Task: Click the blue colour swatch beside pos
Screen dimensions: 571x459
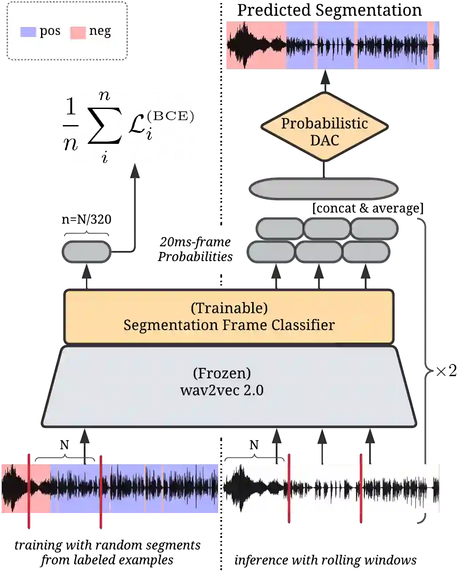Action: coord(28,32)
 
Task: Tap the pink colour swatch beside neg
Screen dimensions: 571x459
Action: coord(78,33)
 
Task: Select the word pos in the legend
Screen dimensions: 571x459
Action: coord(50,31)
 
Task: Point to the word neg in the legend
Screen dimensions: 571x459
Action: coord(100,31)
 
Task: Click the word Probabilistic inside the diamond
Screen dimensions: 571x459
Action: coord(324,123)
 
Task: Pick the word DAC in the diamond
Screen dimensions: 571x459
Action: coord(324,140)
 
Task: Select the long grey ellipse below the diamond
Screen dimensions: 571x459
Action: coord(323,189)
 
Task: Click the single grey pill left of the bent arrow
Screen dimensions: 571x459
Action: coord(86,252)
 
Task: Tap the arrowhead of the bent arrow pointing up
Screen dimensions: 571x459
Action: coord(135,170)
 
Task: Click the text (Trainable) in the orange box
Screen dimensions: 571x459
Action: coord(229,308)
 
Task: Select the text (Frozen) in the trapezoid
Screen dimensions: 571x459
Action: coord(222,374)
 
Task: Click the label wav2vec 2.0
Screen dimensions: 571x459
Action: coord(222,390)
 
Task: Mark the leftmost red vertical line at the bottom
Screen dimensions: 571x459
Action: coord(29,491)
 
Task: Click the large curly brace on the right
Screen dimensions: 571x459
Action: coord(426,370)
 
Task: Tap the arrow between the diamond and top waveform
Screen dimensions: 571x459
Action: coord(325,82)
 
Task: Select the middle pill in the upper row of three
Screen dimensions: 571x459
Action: coord(327,228)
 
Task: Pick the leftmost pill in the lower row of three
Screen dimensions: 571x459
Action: coord(271,252)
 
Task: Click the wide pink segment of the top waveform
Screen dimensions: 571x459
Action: coord(255,45)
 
